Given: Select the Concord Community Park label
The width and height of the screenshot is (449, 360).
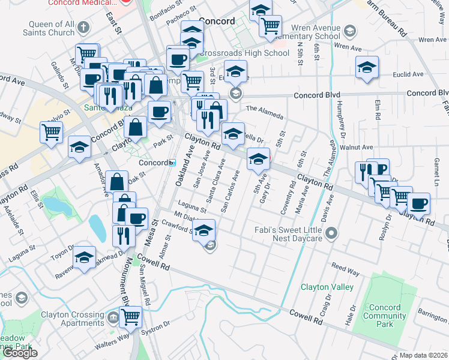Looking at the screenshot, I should (385, 316).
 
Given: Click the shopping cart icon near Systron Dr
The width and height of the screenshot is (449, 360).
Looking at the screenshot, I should (130, 316).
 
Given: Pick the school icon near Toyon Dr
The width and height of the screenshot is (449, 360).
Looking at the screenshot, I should (85, 258).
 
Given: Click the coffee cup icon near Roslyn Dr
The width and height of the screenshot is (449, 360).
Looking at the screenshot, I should (419, 203).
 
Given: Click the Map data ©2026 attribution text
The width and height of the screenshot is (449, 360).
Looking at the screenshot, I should (424, 355).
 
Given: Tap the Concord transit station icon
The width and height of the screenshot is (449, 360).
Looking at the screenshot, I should (172, 163).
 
